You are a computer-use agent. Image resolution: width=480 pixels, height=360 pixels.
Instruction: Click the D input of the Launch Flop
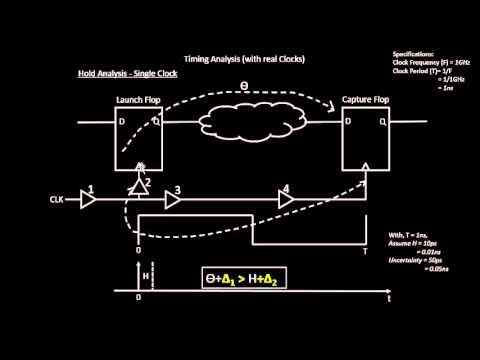(x=124, y=125)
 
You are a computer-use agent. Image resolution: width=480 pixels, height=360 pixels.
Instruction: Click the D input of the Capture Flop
(x=350, y=125)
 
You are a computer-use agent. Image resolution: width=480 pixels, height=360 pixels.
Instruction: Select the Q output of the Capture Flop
(x=385, y=125)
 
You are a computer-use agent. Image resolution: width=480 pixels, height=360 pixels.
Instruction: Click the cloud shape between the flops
(x=255, y=127)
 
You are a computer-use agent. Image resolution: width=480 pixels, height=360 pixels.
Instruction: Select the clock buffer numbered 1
(x=89, y=200)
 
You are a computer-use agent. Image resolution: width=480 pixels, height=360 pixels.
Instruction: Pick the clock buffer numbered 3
(x=176, y=200)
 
